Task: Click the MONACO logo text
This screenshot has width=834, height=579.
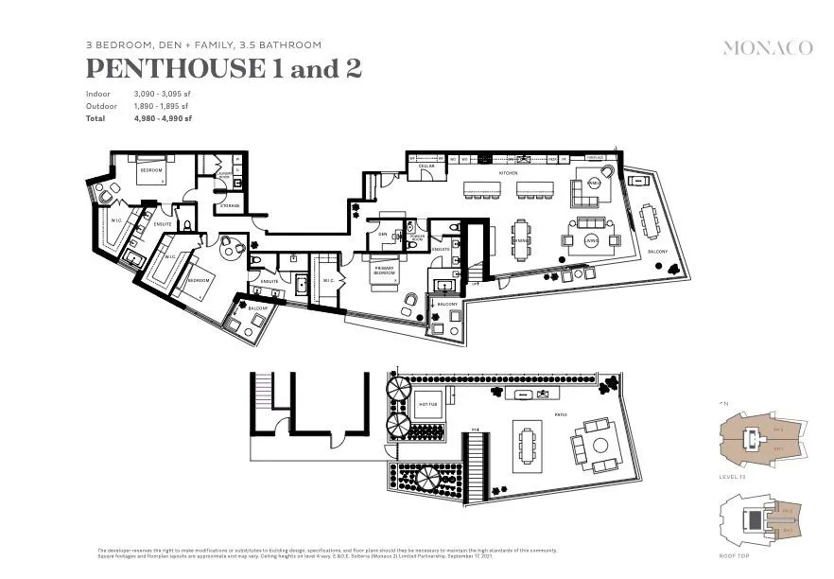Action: tap(767, 47)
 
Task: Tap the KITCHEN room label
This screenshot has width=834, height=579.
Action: tap(509, 173)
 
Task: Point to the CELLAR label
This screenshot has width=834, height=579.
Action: tap(426, 167)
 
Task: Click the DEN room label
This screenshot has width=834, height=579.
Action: tap(383, 234)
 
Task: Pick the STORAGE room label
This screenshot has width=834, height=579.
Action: tap(230, 205)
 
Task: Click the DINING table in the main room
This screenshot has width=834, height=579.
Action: tap(522, 239)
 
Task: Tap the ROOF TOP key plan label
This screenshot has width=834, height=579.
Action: tap(735, 558)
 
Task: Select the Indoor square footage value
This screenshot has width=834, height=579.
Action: tap(162, 94)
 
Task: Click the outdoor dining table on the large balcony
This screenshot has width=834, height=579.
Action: tap(650, 222)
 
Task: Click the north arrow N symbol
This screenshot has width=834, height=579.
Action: tap(725, 404)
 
